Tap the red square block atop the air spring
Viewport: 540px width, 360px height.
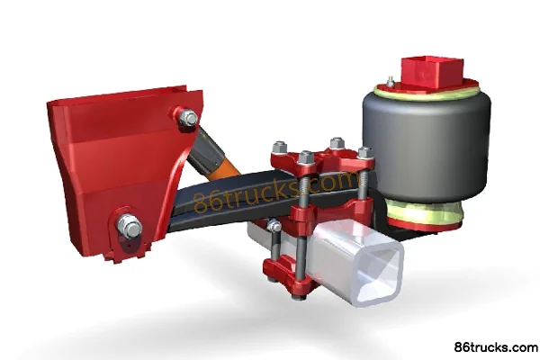[433, 72]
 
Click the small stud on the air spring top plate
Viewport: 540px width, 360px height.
[391, 82]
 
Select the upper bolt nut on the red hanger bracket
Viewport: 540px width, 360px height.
[187, 118]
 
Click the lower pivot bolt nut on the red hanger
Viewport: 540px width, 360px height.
[130, 226]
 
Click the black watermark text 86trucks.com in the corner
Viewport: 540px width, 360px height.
[496, 347]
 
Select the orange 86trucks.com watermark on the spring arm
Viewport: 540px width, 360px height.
[276, 190]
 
